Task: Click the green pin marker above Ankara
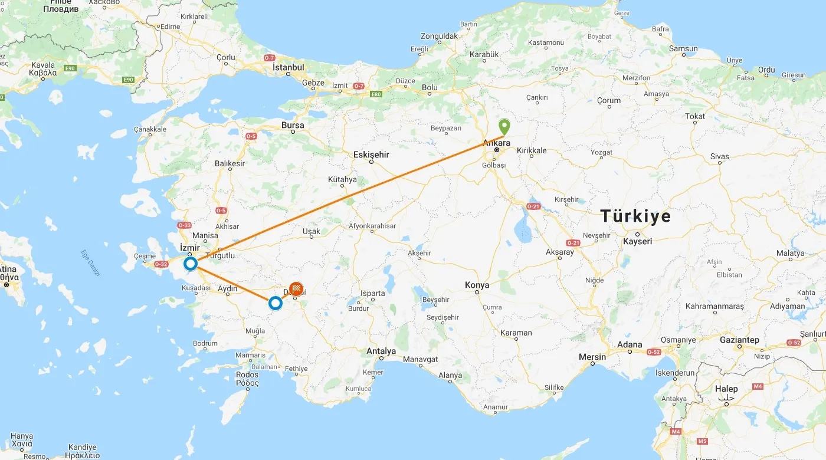click(504, 126)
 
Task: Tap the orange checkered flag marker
click(296, 288)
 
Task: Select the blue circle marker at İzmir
click(191, 264)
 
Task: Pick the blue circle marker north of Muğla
click(275, 303)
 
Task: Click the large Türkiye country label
click(635, 216)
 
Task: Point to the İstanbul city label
click(289, 67)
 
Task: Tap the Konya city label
click(477, 285)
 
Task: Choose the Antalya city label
click(381, 351)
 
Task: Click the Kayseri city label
click(638, 241)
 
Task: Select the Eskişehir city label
click(371, 155)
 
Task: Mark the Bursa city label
click(293, 125)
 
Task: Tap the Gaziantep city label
click(739, 340)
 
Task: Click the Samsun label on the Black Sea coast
click(683, 48)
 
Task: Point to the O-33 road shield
click(185, 225)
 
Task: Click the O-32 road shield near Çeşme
click(161, 264)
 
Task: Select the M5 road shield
click(702, 441)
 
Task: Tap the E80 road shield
click(375, 94)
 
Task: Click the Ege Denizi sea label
click(91, 264)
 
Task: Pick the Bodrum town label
click(205, 343)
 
